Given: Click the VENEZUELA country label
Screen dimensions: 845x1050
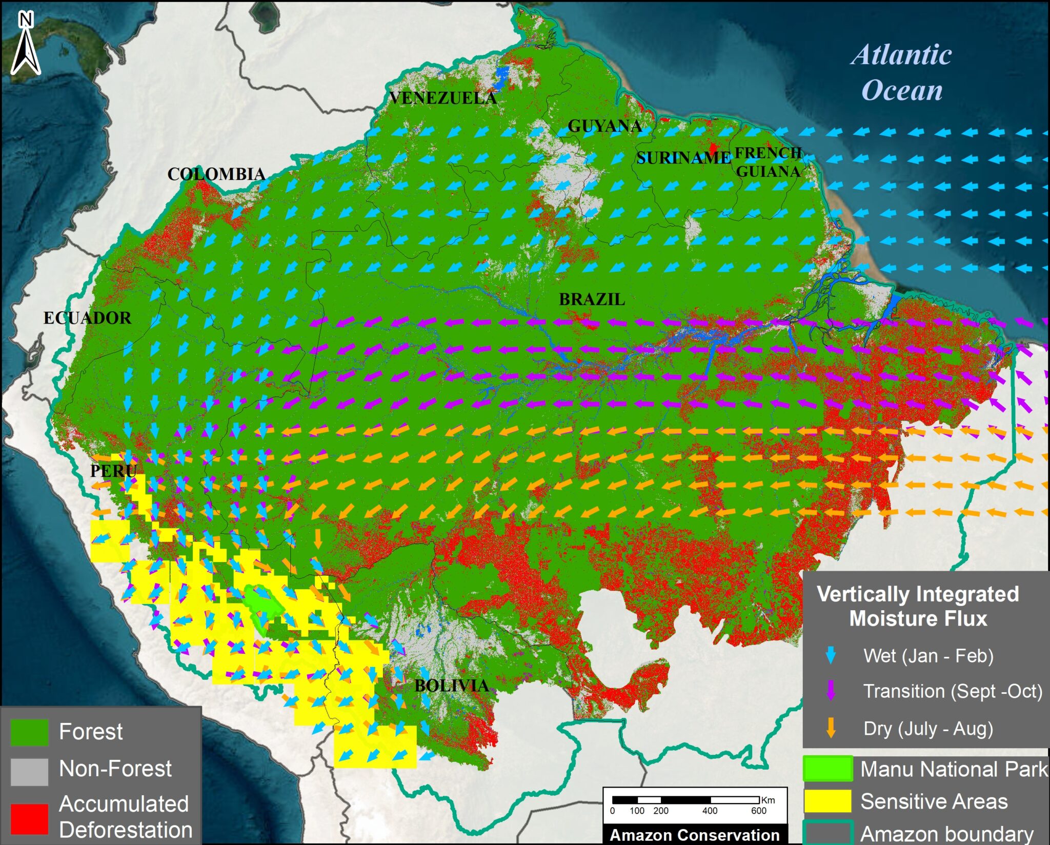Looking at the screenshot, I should [x=443, y=98].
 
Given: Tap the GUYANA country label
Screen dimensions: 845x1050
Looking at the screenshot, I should [x=604, y=126].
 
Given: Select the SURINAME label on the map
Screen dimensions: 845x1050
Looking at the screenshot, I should [x=683, y=158].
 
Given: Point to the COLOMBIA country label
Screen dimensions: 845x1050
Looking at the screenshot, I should [x=216, y=174].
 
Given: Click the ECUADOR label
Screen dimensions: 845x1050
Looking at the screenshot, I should [x=87, y=318].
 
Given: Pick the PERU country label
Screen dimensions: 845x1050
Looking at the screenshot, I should [x=113, y=471].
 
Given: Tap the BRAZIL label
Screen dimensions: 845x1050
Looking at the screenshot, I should [x=592, y=299].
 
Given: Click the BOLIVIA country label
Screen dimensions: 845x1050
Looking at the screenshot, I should [x=451, y=686].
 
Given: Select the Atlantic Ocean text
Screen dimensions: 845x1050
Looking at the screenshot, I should [x=902, y=72].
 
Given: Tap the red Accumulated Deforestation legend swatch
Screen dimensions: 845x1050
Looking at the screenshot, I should [x=29, y=818].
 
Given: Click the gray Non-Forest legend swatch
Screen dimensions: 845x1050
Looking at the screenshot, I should [x=29, y=772].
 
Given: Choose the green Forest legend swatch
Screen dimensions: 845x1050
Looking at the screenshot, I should [x=29, y=732].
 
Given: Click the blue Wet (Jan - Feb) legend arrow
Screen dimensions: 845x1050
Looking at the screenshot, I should [x=831, y=656].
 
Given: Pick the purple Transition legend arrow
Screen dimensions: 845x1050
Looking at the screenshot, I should [x=831, y=691].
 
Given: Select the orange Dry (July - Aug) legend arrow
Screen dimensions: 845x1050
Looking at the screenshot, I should [x=831, y=729].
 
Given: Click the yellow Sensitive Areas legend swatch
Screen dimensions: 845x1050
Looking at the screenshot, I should [x=827, y=801].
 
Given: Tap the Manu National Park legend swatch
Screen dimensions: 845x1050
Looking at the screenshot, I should [x=827, y=769].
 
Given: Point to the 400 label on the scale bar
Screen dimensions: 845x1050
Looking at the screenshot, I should [x=710, y=811].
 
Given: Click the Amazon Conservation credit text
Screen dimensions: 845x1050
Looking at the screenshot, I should [x=694, y=835].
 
